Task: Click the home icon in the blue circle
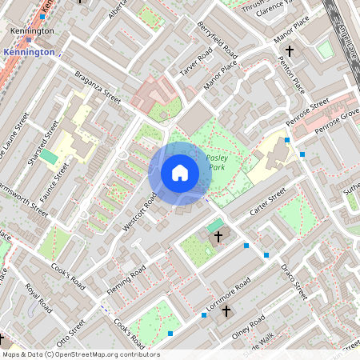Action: pyautogui.click(x=180, y=172)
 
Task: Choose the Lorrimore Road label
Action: pyautogui.click(x=227, y=294)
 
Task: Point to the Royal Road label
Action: pyautogui.click(x=38, y=297)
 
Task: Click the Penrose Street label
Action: pyautogui.click(x=308, y=113)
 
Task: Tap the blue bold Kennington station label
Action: pyautogui.click(x=29, y=52)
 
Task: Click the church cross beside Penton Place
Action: pyautogui.click(x=290, y=51)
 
